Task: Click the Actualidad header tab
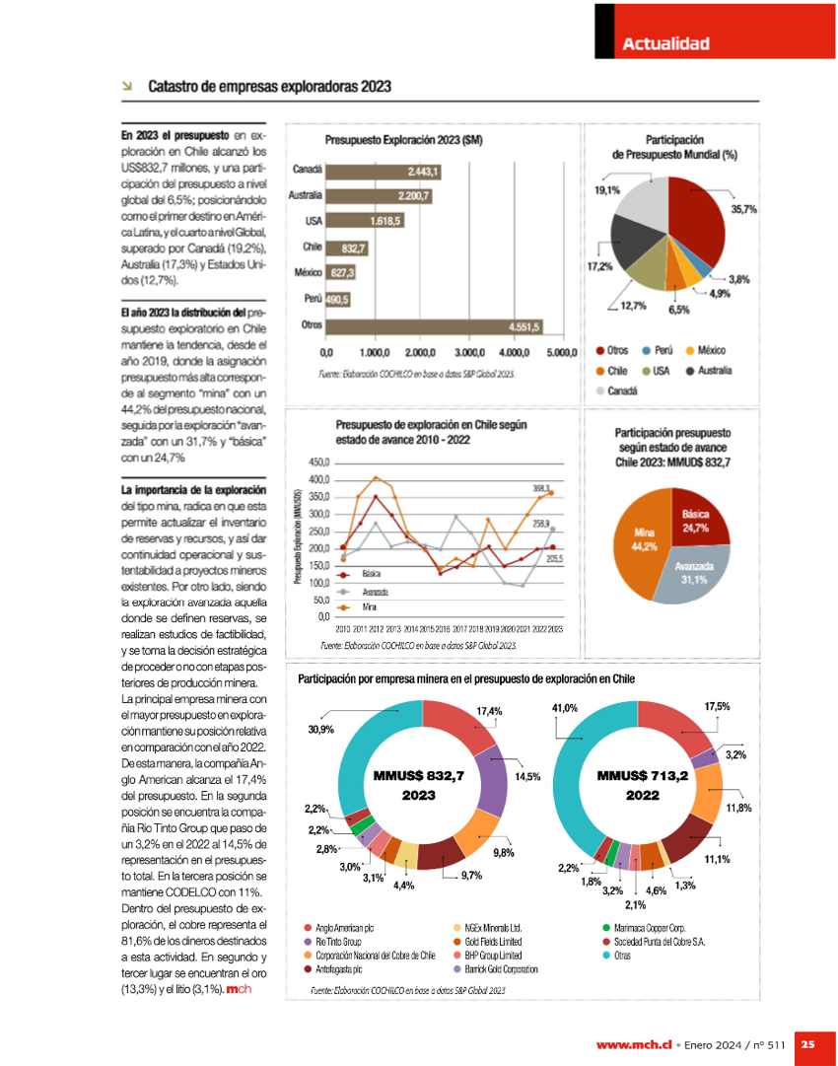tap(665, 43)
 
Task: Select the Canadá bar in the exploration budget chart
tap(384, 172)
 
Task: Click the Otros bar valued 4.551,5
tap(435, 325)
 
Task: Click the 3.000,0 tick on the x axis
tap(468, 352)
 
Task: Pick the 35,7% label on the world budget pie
tap(743, 209)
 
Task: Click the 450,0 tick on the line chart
tap(318, 462)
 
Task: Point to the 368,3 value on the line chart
tap(541, 487)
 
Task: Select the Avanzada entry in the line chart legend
tap(375, 591)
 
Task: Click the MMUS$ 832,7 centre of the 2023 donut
tap(419, 785)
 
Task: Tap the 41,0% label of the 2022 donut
tap(564, 708)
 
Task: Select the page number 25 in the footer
tap(806, 1043)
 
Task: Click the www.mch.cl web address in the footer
tap(634, 1043)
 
